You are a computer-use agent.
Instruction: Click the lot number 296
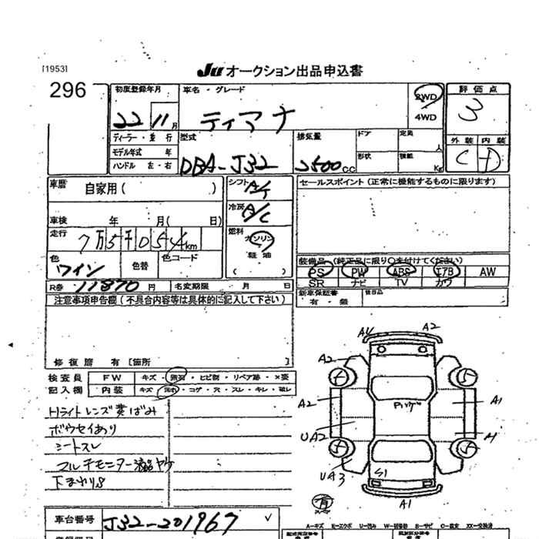tap(68, 90)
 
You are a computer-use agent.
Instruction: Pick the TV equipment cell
tap(400, 283)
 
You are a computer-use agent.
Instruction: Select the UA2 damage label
tap(313, 437)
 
